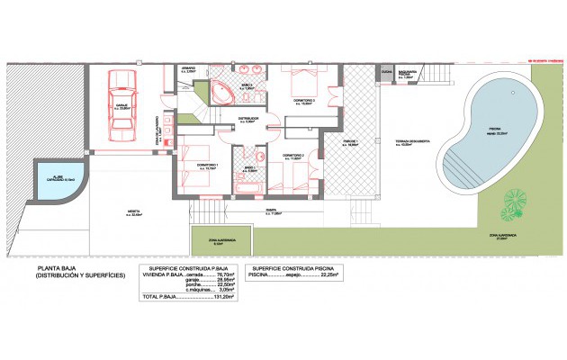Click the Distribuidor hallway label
(247, 119)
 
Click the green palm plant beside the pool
(514, 202)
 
